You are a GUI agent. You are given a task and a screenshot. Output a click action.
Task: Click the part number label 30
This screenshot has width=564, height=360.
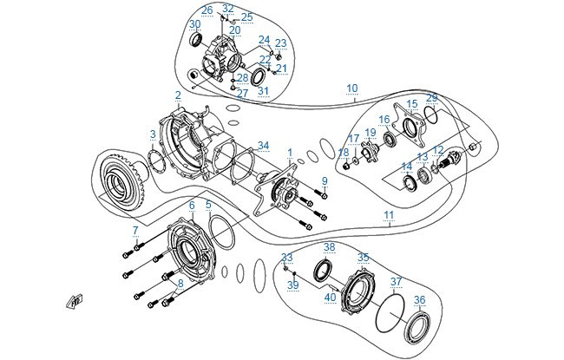[x=195, y=24]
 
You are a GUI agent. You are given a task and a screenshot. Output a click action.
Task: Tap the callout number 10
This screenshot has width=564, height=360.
[x=352, y=88]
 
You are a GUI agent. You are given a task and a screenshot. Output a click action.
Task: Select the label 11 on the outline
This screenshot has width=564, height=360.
[x=389, y=215]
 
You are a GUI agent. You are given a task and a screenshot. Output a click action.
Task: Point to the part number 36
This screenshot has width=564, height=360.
[x=419, y=300]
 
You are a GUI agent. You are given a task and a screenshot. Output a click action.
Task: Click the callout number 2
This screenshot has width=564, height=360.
[x=178, y=95]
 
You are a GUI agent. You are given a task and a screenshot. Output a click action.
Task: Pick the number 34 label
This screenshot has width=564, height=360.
[x=263, y=146]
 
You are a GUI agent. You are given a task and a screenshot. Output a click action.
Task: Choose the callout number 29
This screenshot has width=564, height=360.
[x=431, y=98]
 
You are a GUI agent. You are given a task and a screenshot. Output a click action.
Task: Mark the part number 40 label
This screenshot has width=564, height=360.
[x=331, y=298]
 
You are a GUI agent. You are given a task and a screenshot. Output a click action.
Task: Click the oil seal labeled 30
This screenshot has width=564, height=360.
[x=196, y=40]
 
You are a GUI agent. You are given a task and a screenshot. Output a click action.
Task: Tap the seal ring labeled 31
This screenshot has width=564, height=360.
[x=258, y=76]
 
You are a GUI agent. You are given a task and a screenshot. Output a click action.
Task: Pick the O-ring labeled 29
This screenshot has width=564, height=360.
[x=431, y=114]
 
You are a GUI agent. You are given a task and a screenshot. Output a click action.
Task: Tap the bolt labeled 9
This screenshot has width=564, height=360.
[x=320, y=193]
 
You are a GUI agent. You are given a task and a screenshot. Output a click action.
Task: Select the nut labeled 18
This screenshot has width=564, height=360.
[x=346, y=167]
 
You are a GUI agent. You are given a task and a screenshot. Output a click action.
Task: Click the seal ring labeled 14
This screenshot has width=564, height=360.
[x=410, y=182]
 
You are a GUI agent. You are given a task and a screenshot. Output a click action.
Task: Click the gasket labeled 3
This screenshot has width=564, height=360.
[x=156, y=161]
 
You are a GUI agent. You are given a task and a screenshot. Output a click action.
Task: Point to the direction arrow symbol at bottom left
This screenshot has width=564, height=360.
[x=75, y=301]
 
